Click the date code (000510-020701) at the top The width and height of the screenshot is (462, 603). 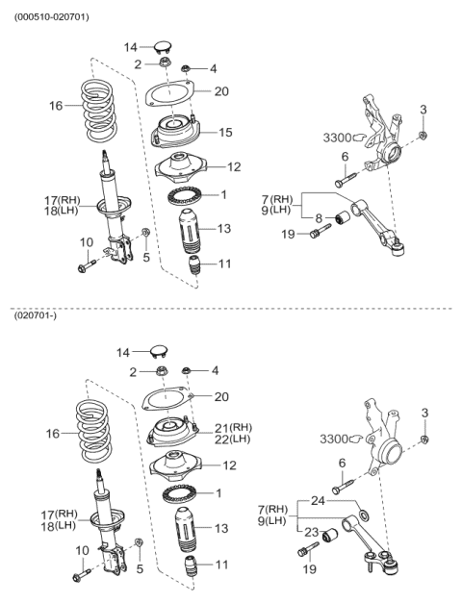coord(52,17)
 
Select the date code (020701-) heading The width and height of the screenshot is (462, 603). coord(36,316)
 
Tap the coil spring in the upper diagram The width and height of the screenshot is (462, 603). coord(98,111)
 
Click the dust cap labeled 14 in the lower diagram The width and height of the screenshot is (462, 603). coord(159,351)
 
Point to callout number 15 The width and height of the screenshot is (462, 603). coord(225,133)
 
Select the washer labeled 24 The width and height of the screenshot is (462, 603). coord(363,515)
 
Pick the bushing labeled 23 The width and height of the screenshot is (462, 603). coord(330,535)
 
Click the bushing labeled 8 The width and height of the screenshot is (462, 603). coord(342,218)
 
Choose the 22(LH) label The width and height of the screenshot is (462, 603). coord(233,440)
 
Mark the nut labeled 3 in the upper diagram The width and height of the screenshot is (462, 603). coord(423,136)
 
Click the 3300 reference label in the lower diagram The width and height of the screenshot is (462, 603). coord(334,439)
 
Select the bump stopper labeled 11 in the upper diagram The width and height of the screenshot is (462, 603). coord(194,265)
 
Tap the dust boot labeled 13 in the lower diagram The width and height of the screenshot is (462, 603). coord(187,530)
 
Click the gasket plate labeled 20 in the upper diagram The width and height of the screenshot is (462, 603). coord(169,92)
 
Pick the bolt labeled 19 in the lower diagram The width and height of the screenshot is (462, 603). coord(308,549)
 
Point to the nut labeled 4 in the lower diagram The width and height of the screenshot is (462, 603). coord(186,370)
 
